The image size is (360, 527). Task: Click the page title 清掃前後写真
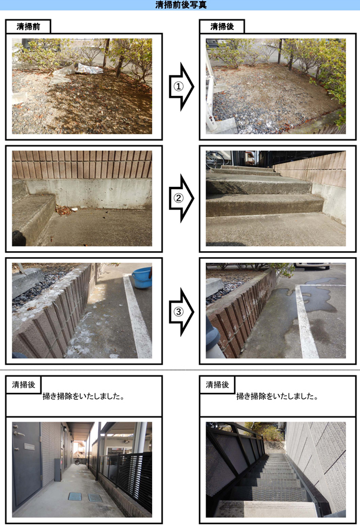click(181, 5)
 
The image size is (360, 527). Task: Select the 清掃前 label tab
click(28, 26)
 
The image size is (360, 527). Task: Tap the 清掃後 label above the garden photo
click(222, 26)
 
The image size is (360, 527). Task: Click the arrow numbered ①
click(181, 87)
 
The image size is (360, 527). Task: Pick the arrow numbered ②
click(181, 199)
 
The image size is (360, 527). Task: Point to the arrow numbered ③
click(181, 312)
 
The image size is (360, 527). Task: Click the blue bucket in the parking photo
click(142, 278)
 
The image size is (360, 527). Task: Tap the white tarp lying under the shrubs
click(88, 69)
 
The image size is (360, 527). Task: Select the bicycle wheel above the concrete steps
click(214, 160)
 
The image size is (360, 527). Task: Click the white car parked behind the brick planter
click(312, 266)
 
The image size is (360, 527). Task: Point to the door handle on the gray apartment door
click(19, 434)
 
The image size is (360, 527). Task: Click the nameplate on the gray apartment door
click(29, 447)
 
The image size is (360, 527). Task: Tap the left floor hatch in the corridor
click(74, 496)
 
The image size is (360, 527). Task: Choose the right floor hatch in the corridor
click(95, 497)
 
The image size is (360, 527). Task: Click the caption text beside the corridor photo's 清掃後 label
click(83, 396)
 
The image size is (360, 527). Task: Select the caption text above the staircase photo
click(277, 396)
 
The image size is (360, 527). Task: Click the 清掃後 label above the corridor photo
click(23, 385)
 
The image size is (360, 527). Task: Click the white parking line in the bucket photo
click(137, 316)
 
